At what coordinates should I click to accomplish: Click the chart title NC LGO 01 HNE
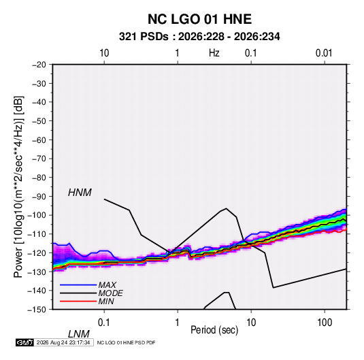199,19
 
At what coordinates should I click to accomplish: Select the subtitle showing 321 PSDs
199,37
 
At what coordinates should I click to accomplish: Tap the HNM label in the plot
80,193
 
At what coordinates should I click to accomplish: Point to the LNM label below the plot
79,334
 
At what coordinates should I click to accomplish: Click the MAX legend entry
107,285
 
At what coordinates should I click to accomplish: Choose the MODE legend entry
110,293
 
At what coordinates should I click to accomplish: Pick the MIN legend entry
106,301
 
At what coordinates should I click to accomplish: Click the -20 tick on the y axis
39,65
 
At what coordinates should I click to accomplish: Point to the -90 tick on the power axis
39,196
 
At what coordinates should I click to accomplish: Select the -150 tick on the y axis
37,310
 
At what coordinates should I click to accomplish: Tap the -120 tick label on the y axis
37,252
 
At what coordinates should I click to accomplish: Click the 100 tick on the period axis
325,323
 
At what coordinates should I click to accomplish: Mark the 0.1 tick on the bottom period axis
104,323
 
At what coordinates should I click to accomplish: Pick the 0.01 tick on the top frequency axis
324,53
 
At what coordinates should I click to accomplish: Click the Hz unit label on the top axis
214,53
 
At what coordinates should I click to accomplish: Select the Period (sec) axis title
214,330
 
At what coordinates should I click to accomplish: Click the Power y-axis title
18,186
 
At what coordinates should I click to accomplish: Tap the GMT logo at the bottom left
25,342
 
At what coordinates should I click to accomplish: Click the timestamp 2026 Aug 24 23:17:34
63,342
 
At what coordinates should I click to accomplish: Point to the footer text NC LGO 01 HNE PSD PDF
126,343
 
